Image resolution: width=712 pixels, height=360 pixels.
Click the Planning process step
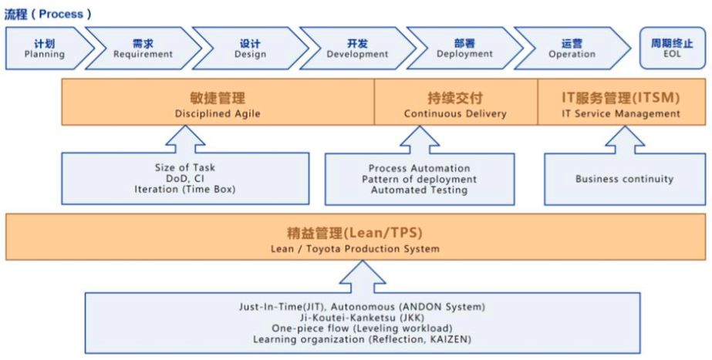click(x=45, y=49)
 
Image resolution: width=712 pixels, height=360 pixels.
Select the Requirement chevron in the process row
click(x=143, y=49)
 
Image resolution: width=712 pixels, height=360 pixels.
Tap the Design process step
click(x=249, y=49)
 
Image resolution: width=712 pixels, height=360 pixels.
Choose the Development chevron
click(x=357, y=49)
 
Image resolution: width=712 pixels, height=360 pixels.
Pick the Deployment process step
click(x=464, y=49)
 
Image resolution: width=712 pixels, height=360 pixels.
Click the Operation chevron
click(x=572, y=49)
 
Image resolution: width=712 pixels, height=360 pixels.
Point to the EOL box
click(x=672, y=49)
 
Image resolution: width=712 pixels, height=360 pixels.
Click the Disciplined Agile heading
click(x=218, y=113)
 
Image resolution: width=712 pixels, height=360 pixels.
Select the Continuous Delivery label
click(x=455, y=113)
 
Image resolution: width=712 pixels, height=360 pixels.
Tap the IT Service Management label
click(x=620, y=113)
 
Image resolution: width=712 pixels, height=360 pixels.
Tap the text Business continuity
click(x=624, y=179)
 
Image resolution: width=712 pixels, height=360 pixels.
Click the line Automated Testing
click(x=419, y=190)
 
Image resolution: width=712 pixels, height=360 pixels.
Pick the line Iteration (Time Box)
click(x=184, y=189)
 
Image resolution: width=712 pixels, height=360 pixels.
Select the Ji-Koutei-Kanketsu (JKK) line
click(x=362, y=317)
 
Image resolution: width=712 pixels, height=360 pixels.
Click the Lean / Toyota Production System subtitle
click(x=356, y=248)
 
